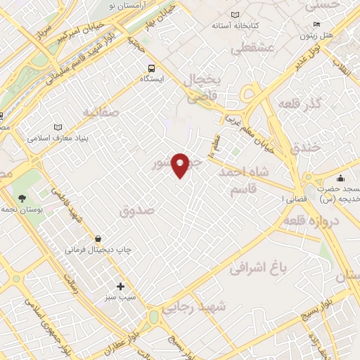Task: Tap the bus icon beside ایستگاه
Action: coord(150,67)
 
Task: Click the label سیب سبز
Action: coord(120,298)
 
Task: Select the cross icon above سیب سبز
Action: coord(120,286)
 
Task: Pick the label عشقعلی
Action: coord(247,48)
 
